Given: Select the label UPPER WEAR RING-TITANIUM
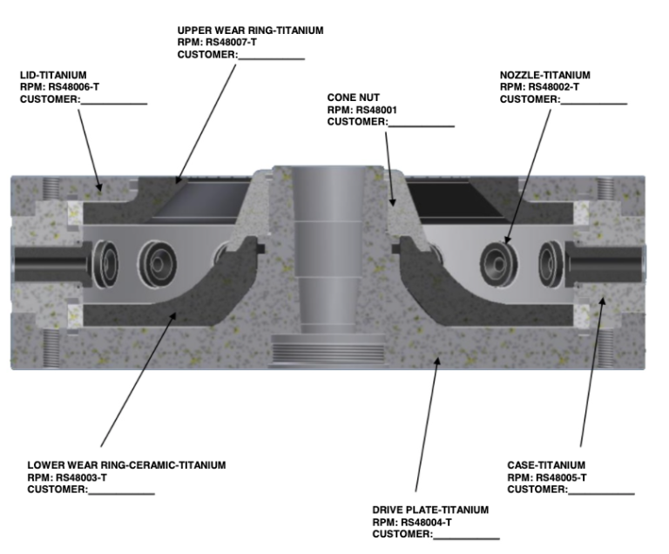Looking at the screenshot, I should tap(250, 30).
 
